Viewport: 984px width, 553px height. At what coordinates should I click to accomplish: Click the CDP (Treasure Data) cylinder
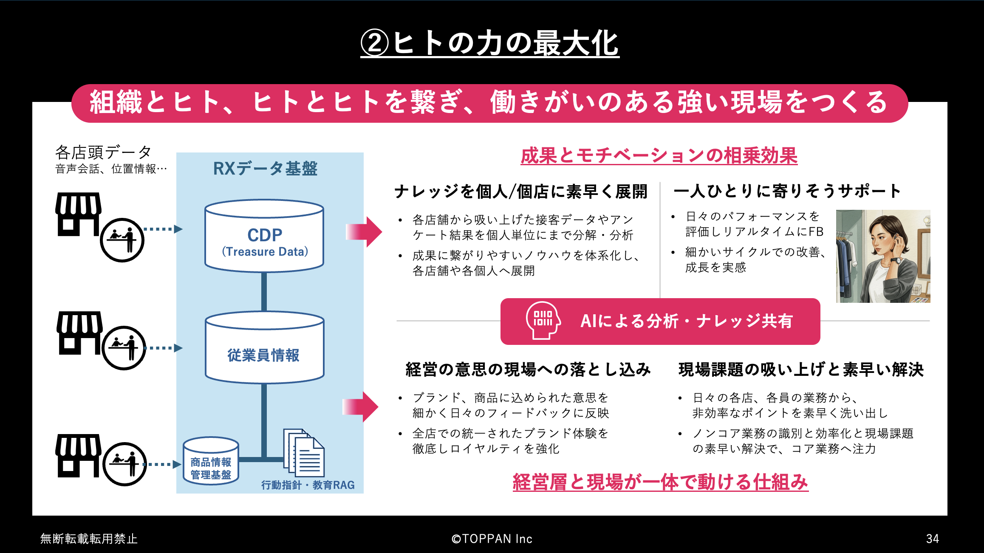[264, 236]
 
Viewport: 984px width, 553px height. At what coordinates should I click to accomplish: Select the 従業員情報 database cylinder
[264, 347]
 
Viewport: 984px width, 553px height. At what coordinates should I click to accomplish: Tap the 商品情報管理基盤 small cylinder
[211, 461]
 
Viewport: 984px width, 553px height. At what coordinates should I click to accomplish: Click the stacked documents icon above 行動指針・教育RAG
[304, 453]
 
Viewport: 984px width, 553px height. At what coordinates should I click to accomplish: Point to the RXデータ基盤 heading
[265, 169]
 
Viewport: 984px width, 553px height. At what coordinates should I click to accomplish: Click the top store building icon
[79, 214]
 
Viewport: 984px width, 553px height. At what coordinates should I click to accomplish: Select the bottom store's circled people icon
[124, 464]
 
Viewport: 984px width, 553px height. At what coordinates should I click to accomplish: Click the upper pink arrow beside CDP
[364, 231]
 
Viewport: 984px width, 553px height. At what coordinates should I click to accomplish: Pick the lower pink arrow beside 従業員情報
[360, 406]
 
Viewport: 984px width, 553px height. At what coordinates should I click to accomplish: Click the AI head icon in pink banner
[543, 321]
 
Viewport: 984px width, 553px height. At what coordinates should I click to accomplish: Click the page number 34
[933, 539]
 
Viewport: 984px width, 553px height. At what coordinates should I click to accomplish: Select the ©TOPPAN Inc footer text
[492, 539]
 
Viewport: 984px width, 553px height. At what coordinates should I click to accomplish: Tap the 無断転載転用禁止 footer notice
[89, 539]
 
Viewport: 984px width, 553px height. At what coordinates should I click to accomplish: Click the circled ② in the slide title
[375, 43]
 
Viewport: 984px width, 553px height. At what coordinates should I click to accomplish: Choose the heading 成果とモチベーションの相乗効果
[659, 155]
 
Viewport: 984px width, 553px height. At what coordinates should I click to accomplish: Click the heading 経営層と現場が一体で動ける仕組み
[660, 482]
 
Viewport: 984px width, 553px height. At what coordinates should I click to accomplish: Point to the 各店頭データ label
[103, 152]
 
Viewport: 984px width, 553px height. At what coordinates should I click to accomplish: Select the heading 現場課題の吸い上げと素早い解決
[801, 370]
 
